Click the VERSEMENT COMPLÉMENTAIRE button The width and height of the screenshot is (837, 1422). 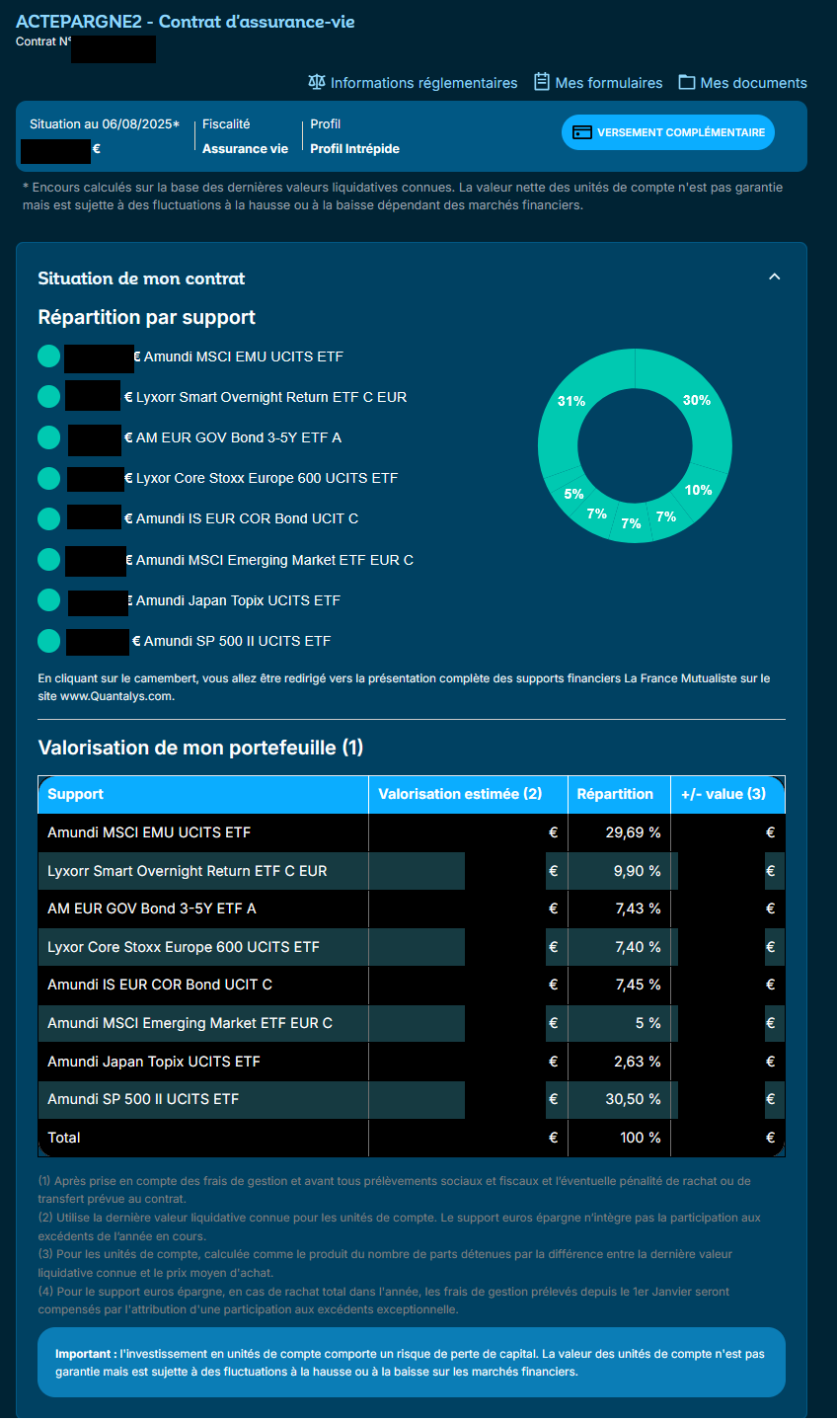point(668,132)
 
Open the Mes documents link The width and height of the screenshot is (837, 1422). point(742,83)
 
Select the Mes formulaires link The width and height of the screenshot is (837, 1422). point(598,83)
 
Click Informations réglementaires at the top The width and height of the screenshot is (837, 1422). point(413,83)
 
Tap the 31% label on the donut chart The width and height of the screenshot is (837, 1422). point(571,401)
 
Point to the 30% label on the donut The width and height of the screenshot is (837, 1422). point(697,400)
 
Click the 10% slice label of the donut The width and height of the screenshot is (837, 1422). point(698,490)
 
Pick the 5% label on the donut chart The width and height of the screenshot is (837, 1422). point(573,494)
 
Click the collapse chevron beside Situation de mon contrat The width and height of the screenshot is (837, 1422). point(775,277)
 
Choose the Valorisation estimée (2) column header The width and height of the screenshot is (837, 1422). point(460,794)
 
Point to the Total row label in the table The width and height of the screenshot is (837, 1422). point(64,1138)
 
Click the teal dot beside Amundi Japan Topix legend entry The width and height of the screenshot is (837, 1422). point(49,600)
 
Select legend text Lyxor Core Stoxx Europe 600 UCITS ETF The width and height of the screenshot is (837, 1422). point(266,478)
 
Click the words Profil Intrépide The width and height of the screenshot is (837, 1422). point(354,148)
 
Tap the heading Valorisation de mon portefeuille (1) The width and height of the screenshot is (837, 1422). point(200,748)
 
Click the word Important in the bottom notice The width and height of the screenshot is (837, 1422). point(85,1354)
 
